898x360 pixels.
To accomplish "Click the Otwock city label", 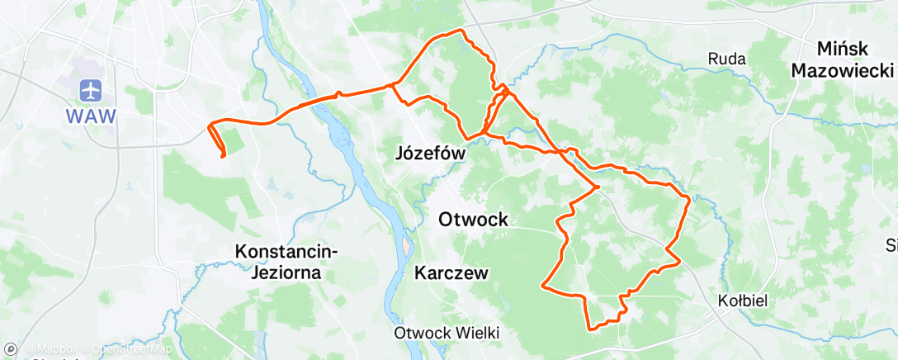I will point(473,220).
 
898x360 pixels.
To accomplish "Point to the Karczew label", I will point(451,272).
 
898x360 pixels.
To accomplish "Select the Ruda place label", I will point(726,59).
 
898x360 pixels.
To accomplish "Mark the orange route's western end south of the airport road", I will point(223,155).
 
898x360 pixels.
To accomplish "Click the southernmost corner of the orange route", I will point(591,329).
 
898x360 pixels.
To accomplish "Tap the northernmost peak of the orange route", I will point(461,31).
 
